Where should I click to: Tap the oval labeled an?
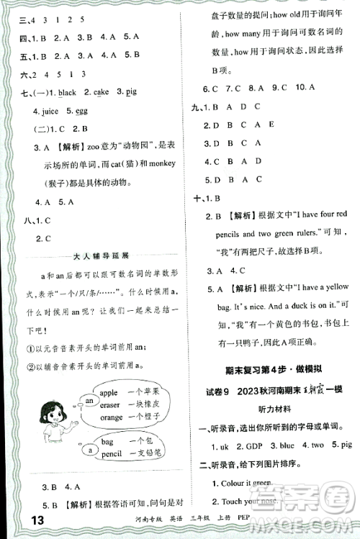pyautogui.click(x=89, y=400)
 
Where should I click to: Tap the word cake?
pyautogui.click(x=100, y=93)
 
